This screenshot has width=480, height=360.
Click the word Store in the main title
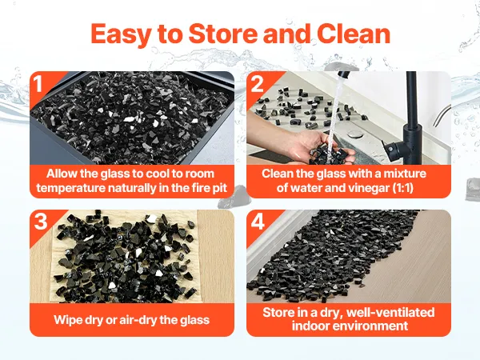point(223,34)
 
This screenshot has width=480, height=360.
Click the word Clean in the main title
point(354,34)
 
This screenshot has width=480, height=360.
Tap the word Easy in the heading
point(121,35)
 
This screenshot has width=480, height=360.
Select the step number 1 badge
point(38,83)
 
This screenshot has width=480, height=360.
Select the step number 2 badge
point(257,83)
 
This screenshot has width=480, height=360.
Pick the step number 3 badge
point(41,221)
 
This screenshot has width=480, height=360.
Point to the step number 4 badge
point(258,222)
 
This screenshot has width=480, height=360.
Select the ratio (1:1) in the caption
point(403,188)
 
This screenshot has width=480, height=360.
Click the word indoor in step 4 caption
point(310,326)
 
